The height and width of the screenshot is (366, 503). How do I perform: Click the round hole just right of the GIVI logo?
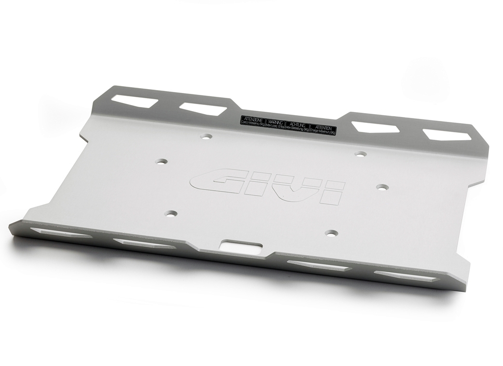382,186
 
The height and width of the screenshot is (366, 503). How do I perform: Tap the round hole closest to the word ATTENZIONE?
206,137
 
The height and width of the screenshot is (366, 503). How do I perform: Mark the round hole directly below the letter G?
170,213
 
